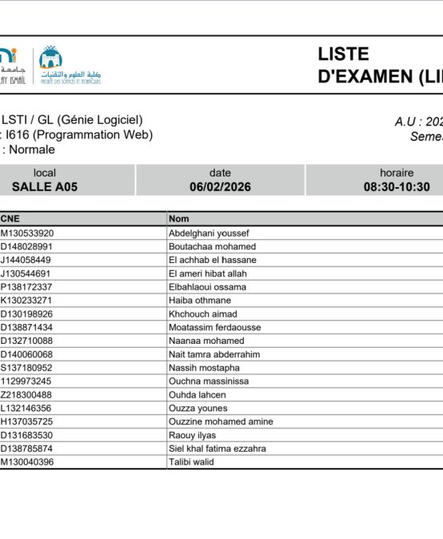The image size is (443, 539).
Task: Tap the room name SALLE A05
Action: click(45, 187)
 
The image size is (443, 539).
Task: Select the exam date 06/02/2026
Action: click(220, 187)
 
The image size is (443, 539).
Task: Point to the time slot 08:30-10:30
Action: click(397, 187)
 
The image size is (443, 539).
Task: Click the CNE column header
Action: click(10, 218)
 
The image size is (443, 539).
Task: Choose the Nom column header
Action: click(178, 218)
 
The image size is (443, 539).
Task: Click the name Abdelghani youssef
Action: click(209, 234)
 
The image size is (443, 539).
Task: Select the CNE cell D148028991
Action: click(27, 247)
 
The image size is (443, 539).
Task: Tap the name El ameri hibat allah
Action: click(207, 273)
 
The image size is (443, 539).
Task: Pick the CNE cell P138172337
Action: click(26, 287)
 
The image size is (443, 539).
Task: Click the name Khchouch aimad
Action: click(202, 314)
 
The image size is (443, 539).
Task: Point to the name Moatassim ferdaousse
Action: click(214, 327)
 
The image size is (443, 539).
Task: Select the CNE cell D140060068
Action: click(27, 354)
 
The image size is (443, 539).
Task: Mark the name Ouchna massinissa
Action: click(209, 381)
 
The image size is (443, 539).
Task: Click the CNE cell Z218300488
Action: click(26, 395)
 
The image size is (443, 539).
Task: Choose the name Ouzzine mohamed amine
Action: click(221, 421)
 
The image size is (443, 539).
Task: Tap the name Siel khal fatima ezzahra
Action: click(218, 449)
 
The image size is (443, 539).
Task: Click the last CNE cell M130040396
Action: click(27, 462)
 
